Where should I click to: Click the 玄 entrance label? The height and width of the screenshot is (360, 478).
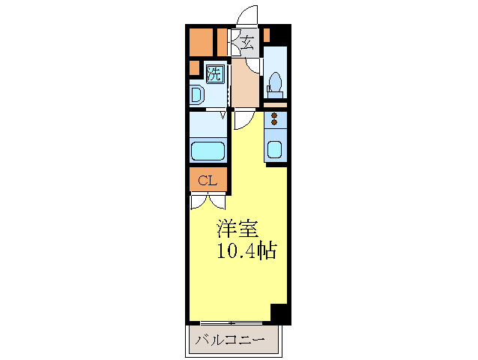click(247, 42)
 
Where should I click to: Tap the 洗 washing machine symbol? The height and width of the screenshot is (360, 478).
click(214, 73)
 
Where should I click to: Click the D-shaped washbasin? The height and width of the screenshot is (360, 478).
click(196, 95)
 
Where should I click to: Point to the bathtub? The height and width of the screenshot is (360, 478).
click(208, 150)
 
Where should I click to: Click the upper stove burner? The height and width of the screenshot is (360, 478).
click(274, 115)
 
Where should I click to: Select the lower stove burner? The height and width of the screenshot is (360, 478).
click(274, 123)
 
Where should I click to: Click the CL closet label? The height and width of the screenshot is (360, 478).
click(208, 180)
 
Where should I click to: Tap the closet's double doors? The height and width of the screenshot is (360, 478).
click(208, 201)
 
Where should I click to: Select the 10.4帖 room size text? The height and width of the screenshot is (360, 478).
click(246, 251)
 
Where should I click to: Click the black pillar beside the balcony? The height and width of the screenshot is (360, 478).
click(279, 313)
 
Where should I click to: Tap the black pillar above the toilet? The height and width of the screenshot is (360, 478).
click(279, 34)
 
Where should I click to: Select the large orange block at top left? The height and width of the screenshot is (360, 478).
click(200, 42)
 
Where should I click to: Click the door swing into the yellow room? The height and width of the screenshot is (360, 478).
click(243, 119)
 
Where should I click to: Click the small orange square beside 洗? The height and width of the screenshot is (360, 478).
click(194, 69)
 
